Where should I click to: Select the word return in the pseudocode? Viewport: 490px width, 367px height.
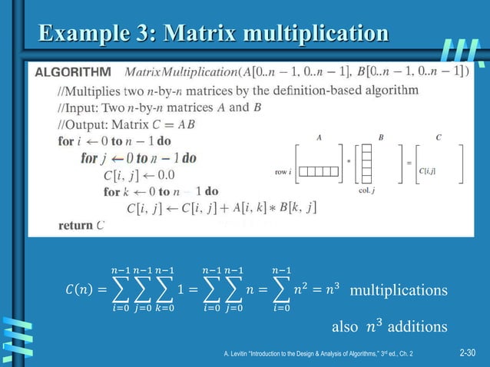click(75, 225)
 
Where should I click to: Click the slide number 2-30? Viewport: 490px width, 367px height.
click(467, 353)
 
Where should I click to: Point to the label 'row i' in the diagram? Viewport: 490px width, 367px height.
click(283, 172)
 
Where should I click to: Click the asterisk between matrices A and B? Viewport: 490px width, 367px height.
click(348, 161)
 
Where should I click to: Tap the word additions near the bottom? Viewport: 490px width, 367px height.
click(418, 327)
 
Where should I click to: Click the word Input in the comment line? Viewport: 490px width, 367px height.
click(81, 107)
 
